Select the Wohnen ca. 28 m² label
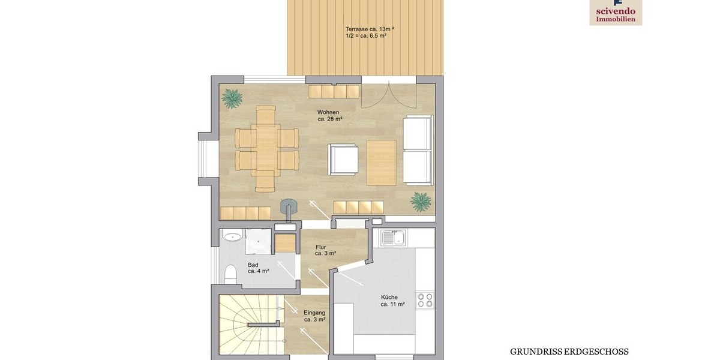[x=329, y=116]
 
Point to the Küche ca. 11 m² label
[x=392, y=301]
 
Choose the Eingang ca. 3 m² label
[x=314, y=316]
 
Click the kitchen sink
[x=392, y=239]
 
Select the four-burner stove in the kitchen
[x=425, y=300]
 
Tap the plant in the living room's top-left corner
[x=232, y=97]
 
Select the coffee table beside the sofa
[x=382, y=163]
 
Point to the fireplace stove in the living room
[x=289, y=208]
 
